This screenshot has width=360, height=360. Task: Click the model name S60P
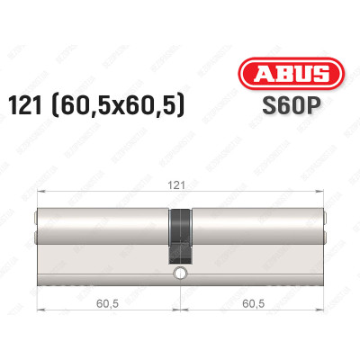point(280,105)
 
